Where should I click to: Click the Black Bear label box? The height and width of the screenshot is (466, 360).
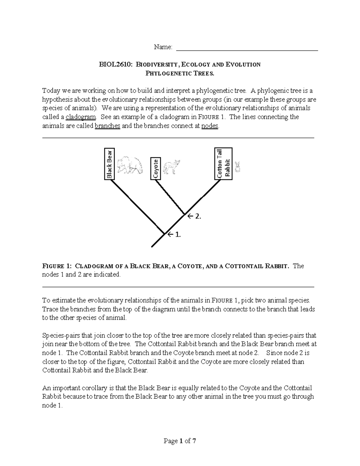pyautogui.click(x=109, y=164)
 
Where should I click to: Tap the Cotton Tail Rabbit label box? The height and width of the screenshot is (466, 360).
pyautogui.click(x=223, y=164)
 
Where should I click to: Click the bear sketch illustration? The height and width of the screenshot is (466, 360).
pyautogui.click(x=130, y=165)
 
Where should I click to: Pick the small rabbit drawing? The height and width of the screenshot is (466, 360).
pyautogui.click(x=238, y=167)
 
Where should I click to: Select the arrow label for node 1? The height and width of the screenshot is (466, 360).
pyautogui.click(x=174, y=235)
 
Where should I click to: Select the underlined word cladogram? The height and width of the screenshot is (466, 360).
pyautogui.click(x=81, y=117)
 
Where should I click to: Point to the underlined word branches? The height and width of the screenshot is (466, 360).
pyautogui.click(x=107, y=126)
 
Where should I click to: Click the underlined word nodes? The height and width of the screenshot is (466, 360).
pyautogui.click(x=210, y=126)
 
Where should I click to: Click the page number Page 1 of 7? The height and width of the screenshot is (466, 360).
pyautogui.click(x=180, y=441)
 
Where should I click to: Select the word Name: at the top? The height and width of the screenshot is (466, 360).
pyautogui.click(x=163, y=47)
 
